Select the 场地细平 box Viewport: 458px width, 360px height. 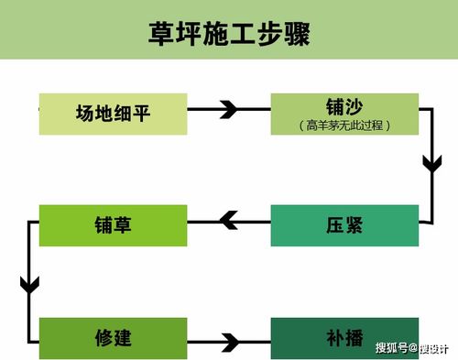[x=114, y=113]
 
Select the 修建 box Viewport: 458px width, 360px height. [x=114, y=337]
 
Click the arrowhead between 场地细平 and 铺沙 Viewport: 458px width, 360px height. [x=229, y=111]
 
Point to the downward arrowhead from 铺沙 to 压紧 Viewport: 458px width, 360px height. [x=431, y=165]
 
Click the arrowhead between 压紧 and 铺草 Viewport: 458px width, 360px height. [x=226, y=219]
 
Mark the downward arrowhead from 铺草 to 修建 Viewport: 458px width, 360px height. [x=29, y=283]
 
